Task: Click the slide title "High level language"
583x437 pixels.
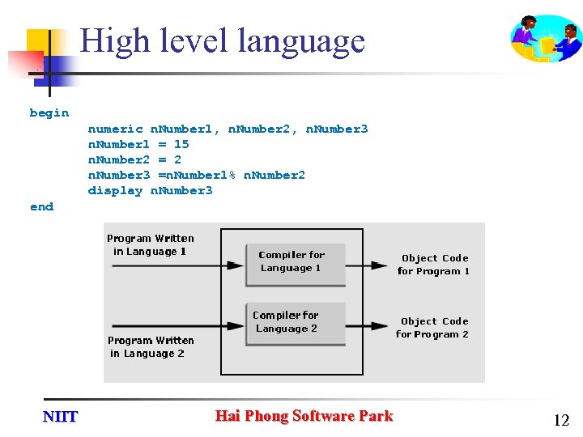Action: point(223,40)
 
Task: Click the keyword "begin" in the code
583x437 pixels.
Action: point(49,113)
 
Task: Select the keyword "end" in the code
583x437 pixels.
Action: point(41,207)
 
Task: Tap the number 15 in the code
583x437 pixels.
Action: point(181,144)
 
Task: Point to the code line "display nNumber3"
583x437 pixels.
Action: point(150,191)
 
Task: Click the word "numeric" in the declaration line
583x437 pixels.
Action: point(115,129)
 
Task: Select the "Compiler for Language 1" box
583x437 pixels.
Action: point(296,262)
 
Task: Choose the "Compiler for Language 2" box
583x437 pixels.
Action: point(296,322)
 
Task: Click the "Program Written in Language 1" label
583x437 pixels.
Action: point(151,244)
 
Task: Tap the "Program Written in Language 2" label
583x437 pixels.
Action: point(151,347)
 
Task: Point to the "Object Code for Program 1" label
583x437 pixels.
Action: point(434,265)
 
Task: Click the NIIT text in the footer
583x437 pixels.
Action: point(60,417)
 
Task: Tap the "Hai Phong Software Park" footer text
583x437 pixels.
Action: point(304,416)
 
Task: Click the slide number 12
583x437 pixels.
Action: point(561,420)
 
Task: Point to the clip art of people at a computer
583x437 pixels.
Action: point(546,38)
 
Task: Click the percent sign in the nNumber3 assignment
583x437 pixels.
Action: point(232,176)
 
